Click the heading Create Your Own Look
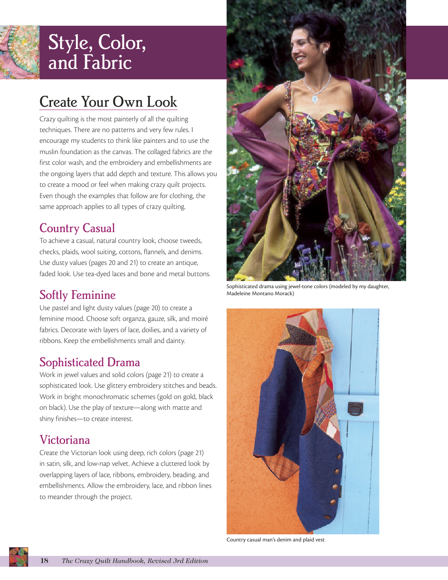[x=108, y=102]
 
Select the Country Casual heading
[x=77, y=228]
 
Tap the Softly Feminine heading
[x=78, y=295]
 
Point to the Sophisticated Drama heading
[x=90, y=362]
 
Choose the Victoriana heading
[x=65, y=440]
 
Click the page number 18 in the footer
[x=44, y=561]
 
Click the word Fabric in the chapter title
[x=107, y=63]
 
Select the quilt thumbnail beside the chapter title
[x=19, y=52]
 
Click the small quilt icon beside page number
[x=19, y=557]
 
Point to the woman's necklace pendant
[x=315, y=99]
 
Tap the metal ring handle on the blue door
[x=355, y=409]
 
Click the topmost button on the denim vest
[x=339, y=457]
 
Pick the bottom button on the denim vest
[x=328, y=517]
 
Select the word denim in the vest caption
[x=284, y=540]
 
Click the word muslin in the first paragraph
[x=49, y=152]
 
